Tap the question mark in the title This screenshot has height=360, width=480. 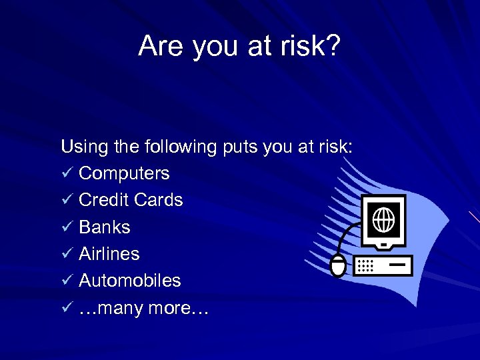pos(333,45)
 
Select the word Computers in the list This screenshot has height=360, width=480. pos(124,173)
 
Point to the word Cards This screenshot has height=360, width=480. pos(158,200)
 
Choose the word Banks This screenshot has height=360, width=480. pos(104,227)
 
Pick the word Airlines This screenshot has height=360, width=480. pos(109,254)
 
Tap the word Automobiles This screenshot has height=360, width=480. pos(129,281)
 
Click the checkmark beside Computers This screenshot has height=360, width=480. pos(67,173)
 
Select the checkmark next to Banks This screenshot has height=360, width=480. pos(67,227)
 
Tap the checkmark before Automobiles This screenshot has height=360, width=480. pos(67,281)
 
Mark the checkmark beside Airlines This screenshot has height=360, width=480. pos(67,254)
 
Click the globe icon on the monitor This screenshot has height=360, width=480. pos(383,219)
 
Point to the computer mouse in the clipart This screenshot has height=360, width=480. pos(339,265)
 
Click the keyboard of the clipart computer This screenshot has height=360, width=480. pos(383,265)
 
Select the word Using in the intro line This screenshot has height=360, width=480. pos(81,147)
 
